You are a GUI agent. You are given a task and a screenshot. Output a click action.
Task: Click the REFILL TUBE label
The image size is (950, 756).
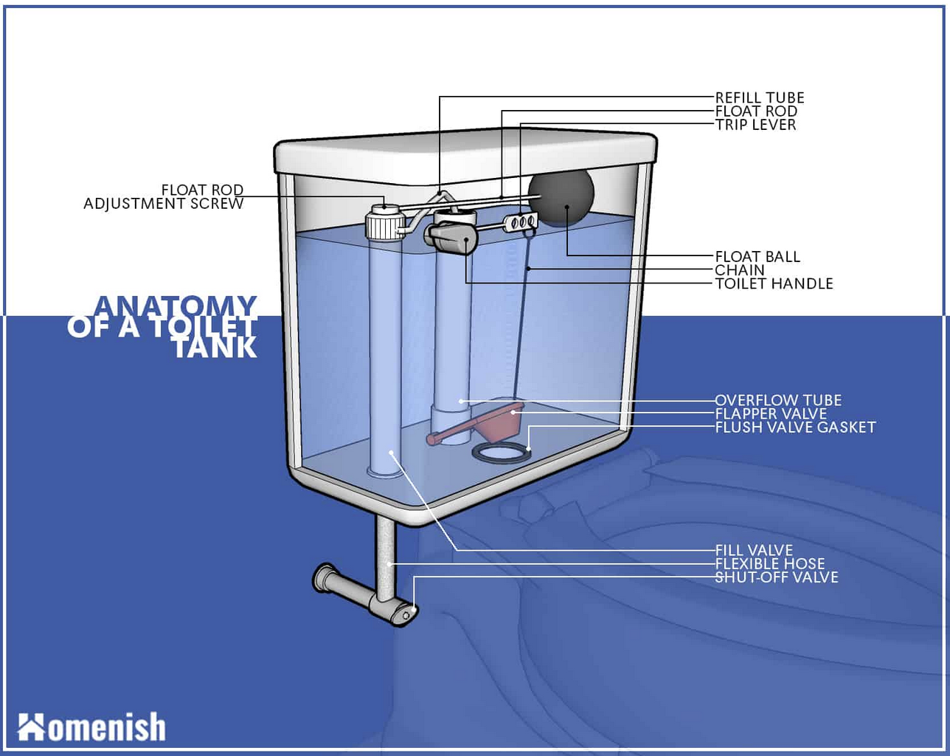click(x=759, y=97)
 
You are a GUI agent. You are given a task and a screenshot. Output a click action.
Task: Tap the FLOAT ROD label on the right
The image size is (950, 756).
click(x=755, y=111)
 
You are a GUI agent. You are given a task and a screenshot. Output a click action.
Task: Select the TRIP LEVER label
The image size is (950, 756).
click(x=755, y=125)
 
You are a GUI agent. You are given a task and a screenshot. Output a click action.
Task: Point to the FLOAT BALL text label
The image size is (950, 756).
click(x=757, y=256)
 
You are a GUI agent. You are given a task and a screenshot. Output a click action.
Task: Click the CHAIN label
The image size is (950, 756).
click(x=739, y=269)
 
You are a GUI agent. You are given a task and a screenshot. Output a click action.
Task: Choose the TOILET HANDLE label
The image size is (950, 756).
click(x=774, y=283)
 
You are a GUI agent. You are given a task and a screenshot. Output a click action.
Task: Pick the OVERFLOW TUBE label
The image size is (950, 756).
click(x=777, y=400)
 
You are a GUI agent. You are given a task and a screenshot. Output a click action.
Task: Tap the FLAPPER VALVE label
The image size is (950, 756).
click(x=771, y=413)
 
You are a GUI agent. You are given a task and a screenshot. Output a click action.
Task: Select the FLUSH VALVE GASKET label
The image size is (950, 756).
click(x=794, y=427)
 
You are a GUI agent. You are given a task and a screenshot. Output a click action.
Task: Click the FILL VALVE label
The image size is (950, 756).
click(x=753, y=550)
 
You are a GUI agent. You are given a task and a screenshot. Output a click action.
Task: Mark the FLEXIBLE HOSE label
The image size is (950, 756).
click(x=769, y=563)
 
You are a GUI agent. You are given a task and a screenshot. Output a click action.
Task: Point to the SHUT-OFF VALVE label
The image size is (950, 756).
click(x=776, y=577)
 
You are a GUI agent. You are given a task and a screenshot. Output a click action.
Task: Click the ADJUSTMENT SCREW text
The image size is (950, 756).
click(x=163, y=204)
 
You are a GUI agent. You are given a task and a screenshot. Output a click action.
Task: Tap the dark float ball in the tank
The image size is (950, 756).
click(x=563, y=198)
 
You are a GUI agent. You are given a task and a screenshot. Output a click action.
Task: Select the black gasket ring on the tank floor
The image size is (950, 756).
click(x=502, y=453)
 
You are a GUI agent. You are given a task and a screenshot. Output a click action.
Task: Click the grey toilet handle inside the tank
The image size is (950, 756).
click(x=448, y=237)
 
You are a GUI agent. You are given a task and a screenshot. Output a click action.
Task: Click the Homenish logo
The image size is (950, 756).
click(x=91, y=726)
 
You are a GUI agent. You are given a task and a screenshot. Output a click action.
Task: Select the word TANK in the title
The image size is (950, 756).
click(x=215, y=347)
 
